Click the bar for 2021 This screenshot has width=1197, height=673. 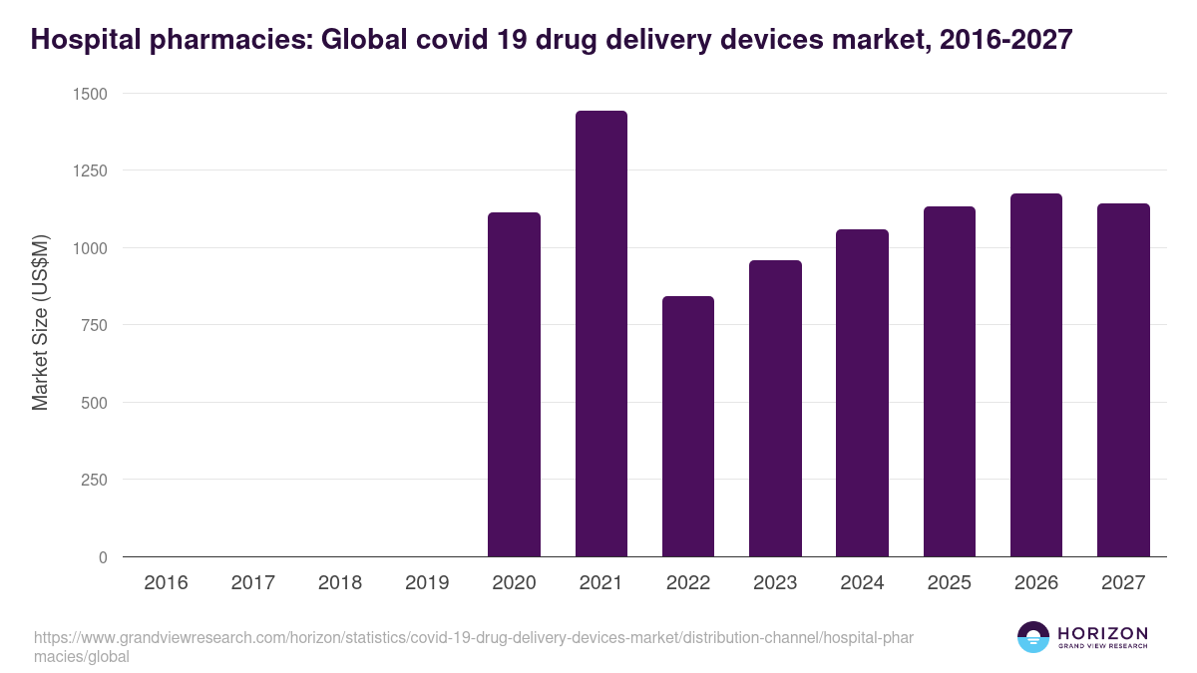[600, 334]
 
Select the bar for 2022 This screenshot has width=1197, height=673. [688, 427]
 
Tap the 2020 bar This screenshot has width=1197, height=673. [514, 385]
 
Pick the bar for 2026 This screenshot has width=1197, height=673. [1036, 375]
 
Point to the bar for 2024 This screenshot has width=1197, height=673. [862, 393]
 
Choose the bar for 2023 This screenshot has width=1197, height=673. [775, 409]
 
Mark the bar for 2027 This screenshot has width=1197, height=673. [1123, 380]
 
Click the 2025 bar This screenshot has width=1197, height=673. [949, 382]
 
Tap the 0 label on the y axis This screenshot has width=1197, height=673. [103, 557]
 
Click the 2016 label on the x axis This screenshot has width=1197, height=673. [166, 583]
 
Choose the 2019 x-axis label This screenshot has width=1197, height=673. [427, 583]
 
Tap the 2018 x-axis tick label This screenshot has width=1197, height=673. [340, 583]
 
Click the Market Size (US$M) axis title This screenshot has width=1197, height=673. [40, 324]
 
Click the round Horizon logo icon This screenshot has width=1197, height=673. [1033, 637]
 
